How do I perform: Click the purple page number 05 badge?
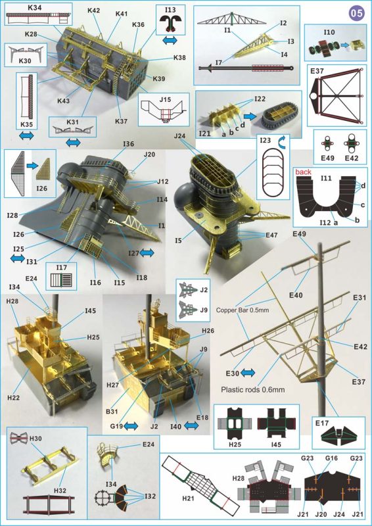point(356,12)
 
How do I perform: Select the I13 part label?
point(170,10)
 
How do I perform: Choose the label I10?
point(329,31)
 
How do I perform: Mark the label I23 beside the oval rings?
point(266,140)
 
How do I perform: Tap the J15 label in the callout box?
point(165,100)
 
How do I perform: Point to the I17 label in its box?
point(63,268)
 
